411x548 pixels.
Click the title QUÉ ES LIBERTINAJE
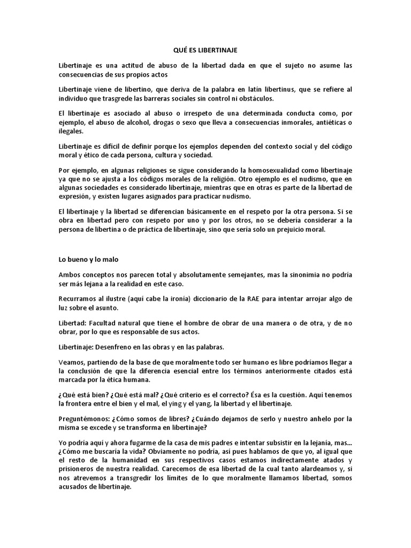coord(205,50)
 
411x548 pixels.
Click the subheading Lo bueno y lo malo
coord(88,259)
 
